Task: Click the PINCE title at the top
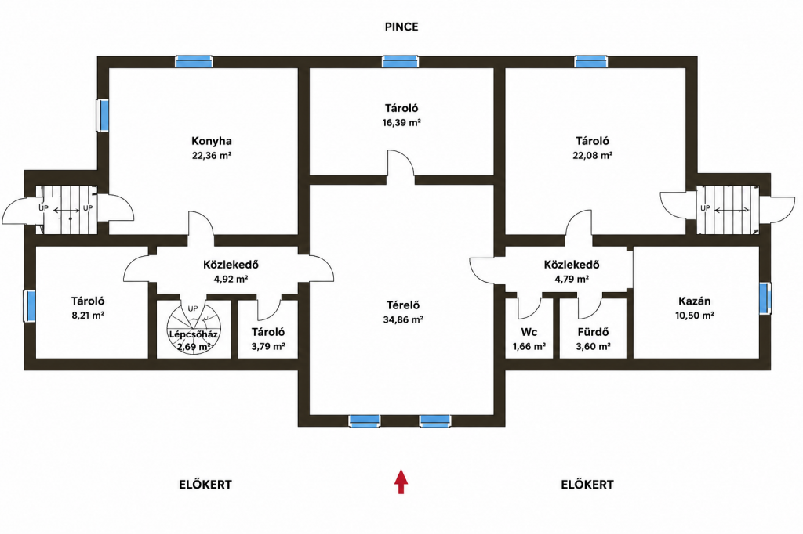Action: click(x=401, y=27)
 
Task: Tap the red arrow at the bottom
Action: click(x=401, y=482)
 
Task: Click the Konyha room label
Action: click(x=212, y=141)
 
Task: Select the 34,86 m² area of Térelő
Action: click(x=403, y=320)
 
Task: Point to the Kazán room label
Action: click(x=695, y=301)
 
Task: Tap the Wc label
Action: click(x=529, y=333)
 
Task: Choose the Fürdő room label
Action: click(x=593, y=333)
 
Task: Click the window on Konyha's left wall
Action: click(x=104, y=115)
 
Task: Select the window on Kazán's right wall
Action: click(x=765, y=298)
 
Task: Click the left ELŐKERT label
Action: click(x=205, y=485)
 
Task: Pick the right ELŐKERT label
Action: click(x=587, y=485)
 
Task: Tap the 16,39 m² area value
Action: click(x=401, y=123)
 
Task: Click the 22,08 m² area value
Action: click(x=593, y=156)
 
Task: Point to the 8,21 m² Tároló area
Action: click(x=88, y=316)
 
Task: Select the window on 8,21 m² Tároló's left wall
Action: click(x=31, y=306)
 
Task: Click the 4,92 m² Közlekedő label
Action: click(x=231, y=265)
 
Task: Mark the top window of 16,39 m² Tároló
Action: click(x=400, y=62)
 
